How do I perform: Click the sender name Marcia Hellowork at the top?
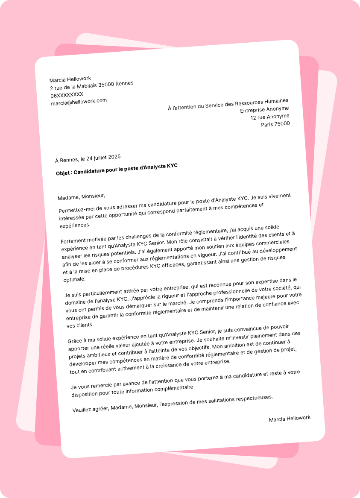70,79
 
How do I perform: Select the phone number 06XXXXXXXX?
67,95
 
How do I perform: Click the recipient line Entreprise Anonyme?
264,109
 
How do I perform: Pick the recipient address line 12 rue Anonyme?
270,117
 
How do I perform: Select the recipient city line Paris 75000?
275,124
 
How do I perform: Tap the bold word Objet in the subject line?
63,173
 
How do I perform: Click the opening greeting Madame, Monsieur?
81,197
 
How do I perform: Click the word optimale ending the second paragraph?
74,279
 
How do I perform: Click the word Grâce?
75,341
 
